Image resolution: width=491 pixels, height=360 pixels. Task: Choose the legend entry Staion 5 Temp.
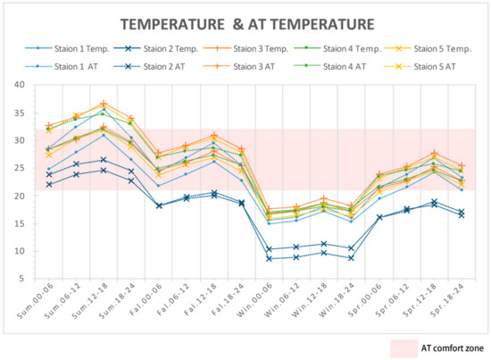point(424,49)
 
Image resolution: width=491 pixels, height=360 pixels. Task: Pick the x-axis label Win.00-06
point(268,304)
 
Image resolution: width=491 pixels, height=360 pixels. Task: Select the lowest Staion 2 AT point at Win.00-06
point(270,258)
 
